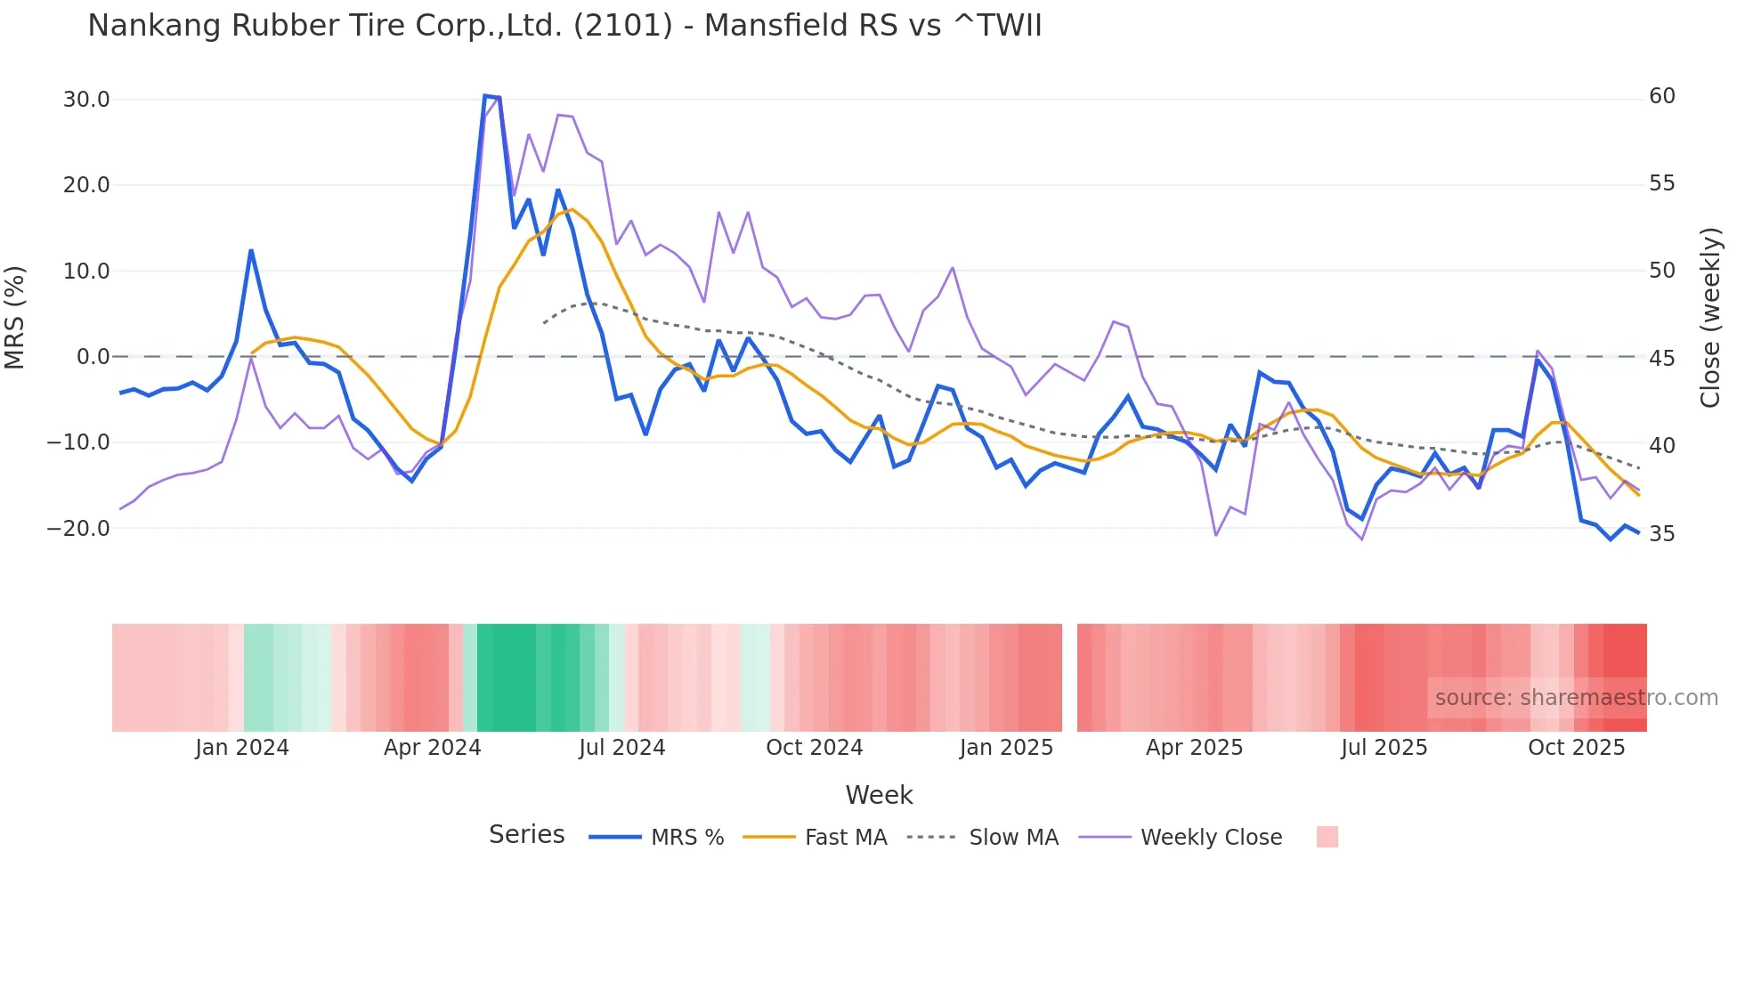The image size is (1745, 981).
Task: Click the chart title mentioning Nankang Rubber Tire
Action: tap(564, 25)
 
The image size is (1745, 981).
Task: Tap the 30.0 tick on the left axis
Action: tap(86, 99)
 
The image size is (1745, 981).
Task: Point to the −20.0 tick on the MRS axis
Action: tap(78, 528)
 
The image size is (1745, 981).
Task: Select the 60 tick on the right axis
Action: tap(1662, 96)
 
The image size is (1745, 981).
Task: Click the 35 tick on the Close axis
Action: tap(1662, 533)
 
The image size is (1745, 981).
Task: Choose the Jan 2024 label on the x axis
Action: tap(242, 748)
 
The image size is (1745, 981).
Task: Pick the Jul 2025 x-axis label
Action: tap(1384, 748)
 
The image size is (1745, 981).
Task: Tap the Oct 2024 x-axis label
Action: tap(814, 748)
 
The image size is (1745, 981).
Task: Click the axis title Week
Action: tap(879, 795)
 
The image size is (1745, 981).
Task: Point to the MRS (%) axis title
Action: tap(15, 317)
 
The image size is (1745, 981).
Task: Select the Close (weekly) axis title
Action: tap(1710, 317)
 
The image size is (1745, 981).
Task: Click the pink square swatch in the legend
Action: tap(1327, 837)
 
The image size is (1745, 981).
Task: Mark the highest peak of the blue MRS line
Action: tap(485, 95)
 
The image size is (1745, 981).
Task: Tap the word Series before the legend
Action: tap(526, 835)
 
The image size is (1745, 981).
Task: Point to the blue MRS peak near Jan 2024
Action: tap(251, 250)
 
